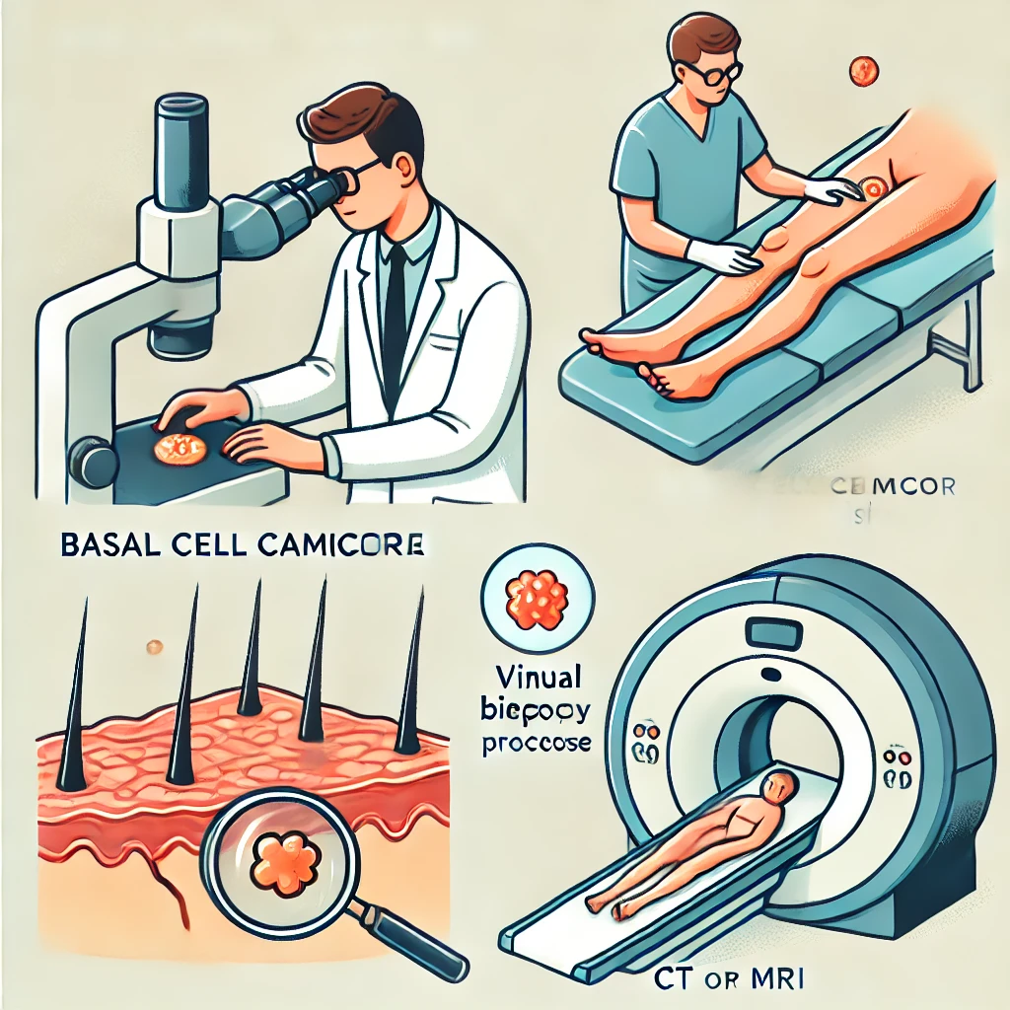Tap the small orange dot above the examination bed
(863, 69)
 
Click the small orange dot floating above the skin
(153, 647)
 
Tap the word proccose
(537, 742)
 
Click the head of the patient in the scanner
(779, 787)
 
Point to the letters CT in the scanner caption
(673, 980)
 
